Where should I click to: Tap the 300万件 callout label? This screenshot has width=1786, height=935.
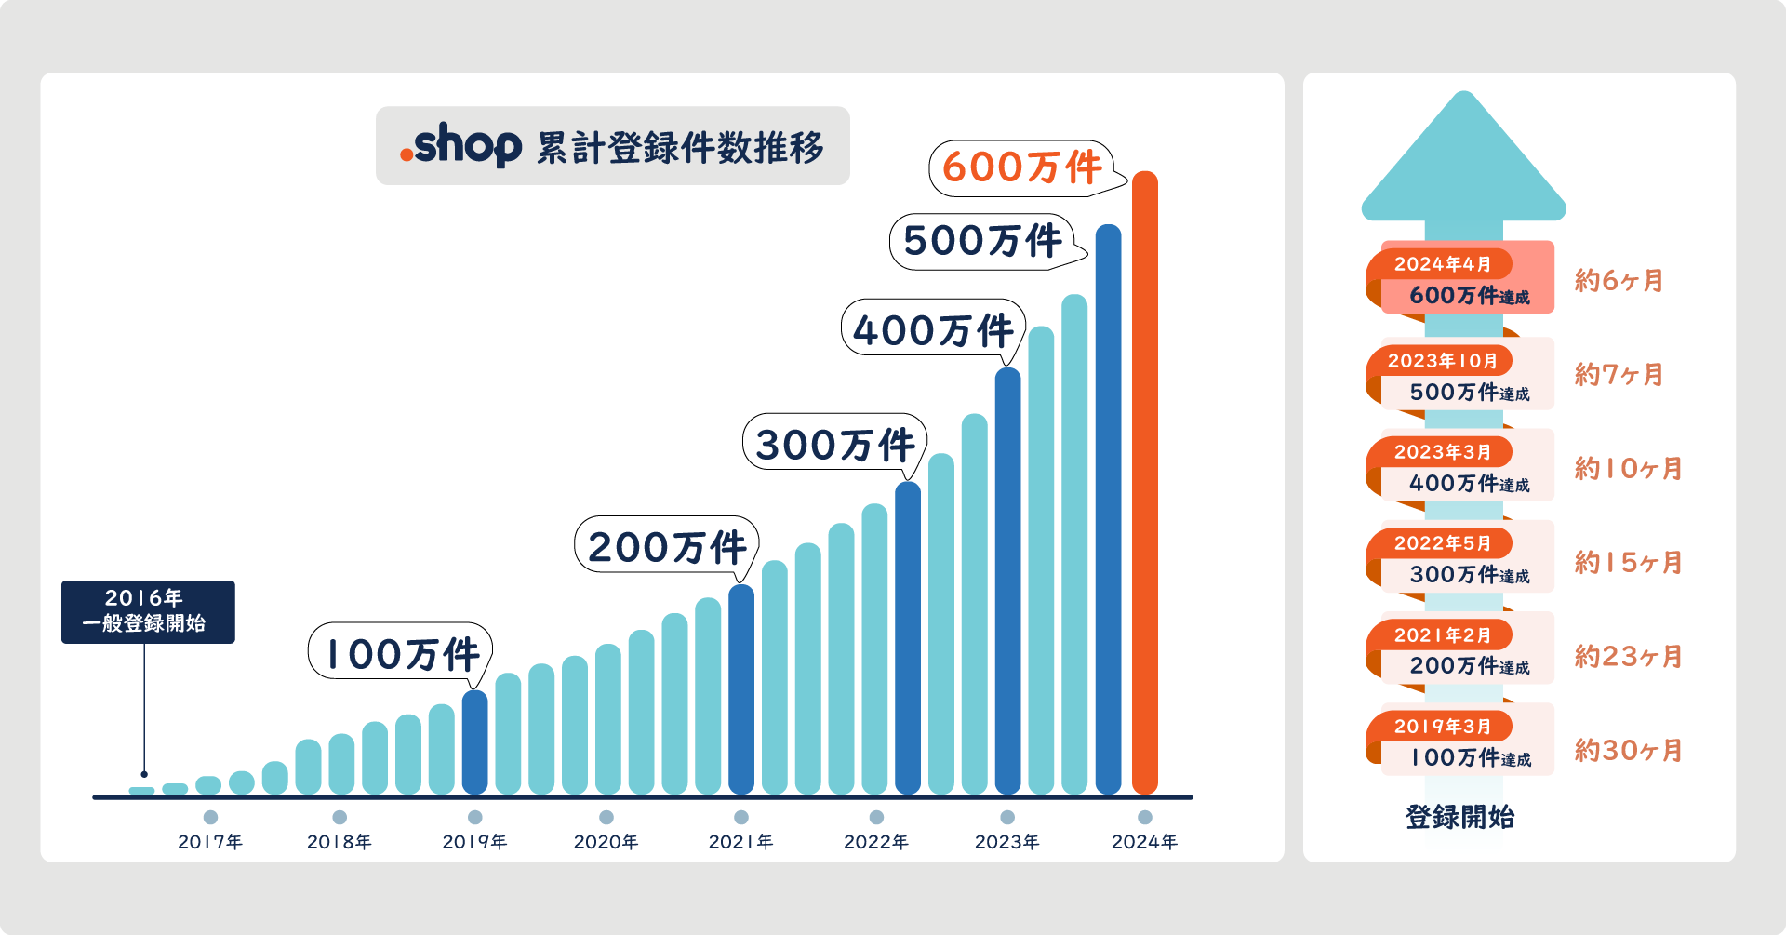click(834, 443)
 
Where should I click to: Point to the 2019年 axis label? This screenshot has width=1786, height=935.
click(474, 842)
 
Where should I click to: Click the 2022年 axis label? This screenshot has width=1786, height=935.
click(876, 842)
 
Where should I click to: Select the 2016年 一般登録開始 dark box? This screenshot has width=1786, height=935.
click(148, 611)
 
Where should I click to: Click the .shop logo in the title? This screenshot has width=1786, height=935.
click(460, 145)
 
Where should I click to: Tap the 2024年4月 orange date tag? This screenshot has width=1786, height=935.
click(1442, 264)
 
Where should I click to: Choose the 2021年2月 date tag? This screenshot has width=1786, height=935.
click(1442, 635)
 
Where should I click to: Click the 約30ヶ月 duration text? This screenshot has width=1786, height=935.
click(1628, 750)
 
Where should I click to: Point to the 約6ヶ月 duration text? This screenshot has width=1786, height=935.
click(1619, 280)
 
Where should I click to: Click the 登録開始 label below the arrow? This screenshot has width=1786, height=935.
click(1459, 817)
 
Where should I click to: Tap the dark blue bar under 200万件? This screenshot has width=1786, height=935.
click(741, 689)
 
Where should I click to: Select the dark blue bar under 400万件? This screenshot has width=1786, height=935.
click(1008, 581)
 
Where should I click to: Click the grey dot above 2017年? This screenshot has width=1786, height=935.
click(210, 817)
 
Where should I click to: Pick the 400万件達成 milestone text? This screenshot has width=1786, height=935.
click(1469, 483)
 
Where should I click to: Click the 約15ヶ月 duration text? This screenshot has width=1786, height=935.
click(1628, 562)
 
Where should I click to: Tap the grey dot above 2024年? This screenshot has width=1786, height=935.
click(1145, 817)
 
